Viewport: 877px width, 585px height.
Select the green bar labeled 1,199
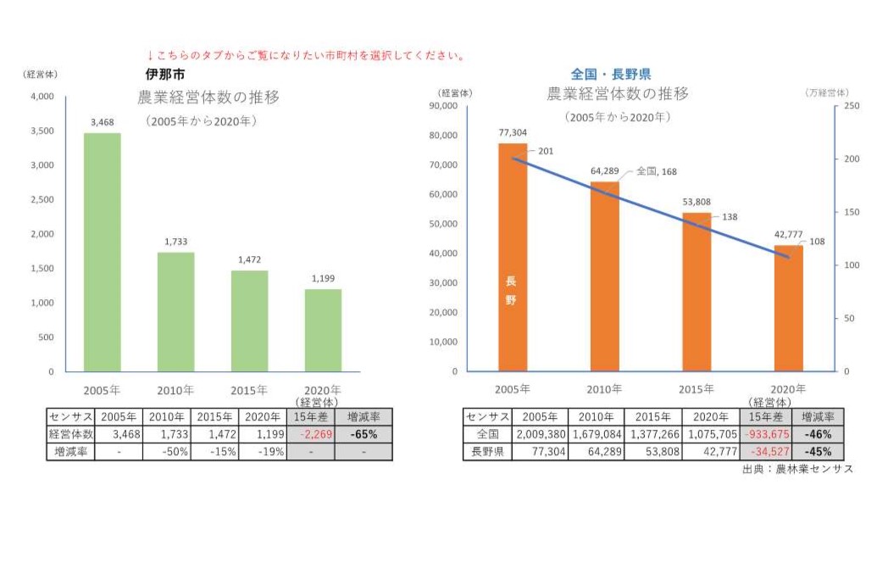(323, 330)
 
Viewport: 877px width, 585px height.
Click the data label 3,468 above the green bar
(102, 123)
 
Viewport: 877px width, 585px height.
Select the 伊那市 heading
(159, 74)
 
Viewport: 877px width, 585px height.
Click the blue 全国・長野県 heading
(611, 75)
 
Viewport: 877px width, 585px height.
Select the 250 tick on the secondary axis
(852, 106)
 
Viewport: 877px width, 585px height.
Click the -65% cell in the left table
(364, 434)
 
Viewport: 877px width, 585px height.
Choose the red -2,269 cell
(310, 434)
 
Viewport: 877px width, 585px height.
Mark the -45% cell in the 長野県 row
(819, 452)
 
